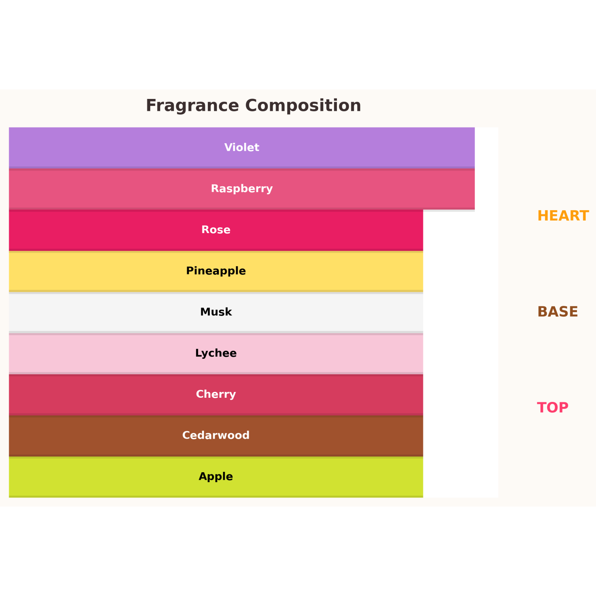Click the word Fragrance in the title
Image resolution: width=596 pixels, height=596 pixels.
(192, 106)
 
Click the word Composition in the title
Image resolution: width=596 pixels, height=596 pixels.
(303, 106)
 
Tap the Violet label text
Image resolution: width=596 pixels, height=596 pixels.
(242, 147)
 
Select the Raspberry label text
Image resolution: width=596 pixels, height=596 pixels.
(242, 189)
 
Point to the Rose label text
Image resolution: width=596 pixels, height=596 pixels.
(216, 230)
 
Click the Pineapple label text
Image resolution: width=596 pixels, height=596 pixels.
(216, 271)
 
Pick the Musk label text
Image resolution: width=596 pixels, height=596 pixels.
(216, 312)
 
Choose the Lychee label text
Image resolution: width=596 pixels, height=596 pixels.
(216, 353)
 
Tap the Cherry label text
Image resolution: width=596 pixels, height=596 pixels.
(216, 394)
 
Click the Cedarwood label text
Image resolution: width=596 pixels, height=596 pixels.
(216, 435)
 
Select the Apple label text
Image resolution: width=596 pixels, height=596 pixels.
(216, 477)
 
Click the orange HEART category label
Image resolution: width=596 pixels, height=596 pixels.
(563, 216)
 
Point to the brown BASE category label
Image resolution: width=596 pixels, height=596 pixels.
(558, 312)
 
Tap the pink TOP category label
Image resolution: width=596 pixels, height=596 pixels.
(553, 408)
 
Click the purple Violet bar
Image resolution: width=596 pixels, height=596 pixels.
(242, 148)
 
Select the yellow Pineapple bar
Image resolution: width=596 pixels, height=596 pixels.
(216, 271)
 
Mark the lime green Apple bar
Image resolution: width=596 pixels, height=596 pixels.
(216, 477)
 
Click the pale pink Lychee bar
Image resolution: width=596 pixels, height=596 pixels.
(216, 353)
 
